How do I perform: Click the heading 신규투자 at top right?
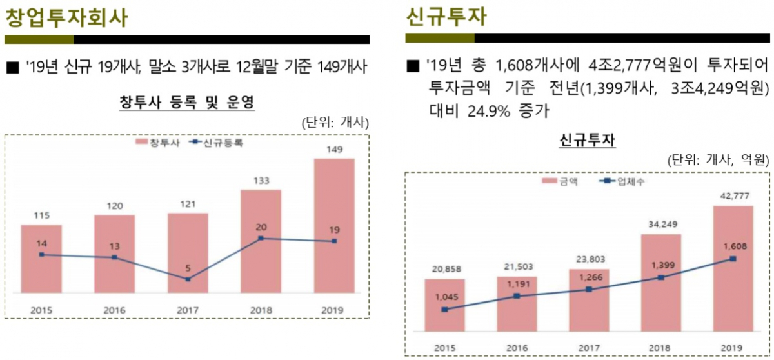pyautogui.click(x=446, y=17)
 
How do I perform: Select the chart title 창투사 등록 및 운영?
pyautogui.click(x=187, y=102)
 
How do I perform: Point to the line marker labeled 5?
pyautogui.click(x=188, y=279)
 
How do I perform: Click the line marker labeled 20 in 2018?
pyautogui.click(x=261, y=238)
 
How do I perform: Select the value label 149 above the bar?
pyautogui.click(x=334, y=150)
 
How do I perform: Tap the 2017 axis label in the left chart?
pyautogui.click(x=188, y=310)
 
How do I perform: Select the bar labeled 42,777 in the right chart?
pyautogui.click(x=733, y=271)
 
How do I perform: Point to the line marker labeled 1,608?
pyautogui.click(x=733, y=259)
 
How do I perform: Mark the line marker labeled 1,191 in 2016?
pyautogui.click(x=517, y=296)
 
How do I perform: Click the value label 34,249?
pyautogui.click(x=660, y=225)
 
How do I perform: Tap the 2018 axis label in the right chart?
pyautogui.click(x=660, y=348)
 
